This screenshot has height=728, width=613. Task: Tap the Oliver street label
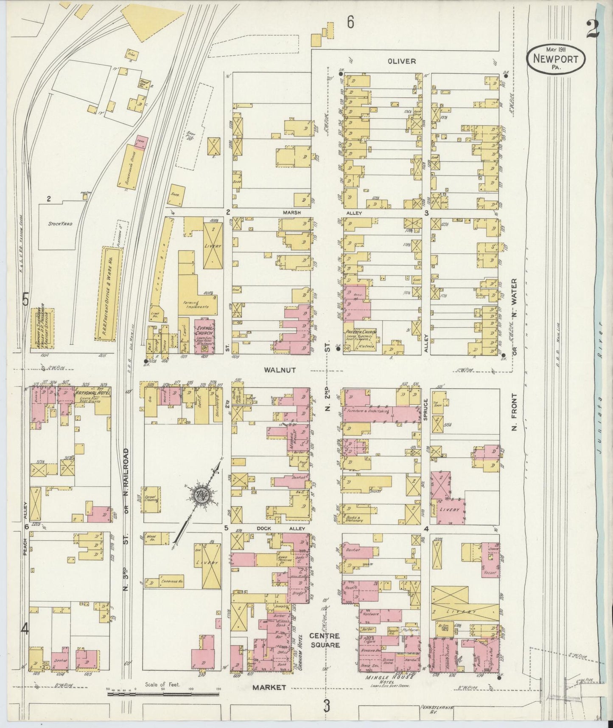click(401, 61)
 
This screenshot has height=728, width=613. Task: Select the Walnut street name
click(280, 370)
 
